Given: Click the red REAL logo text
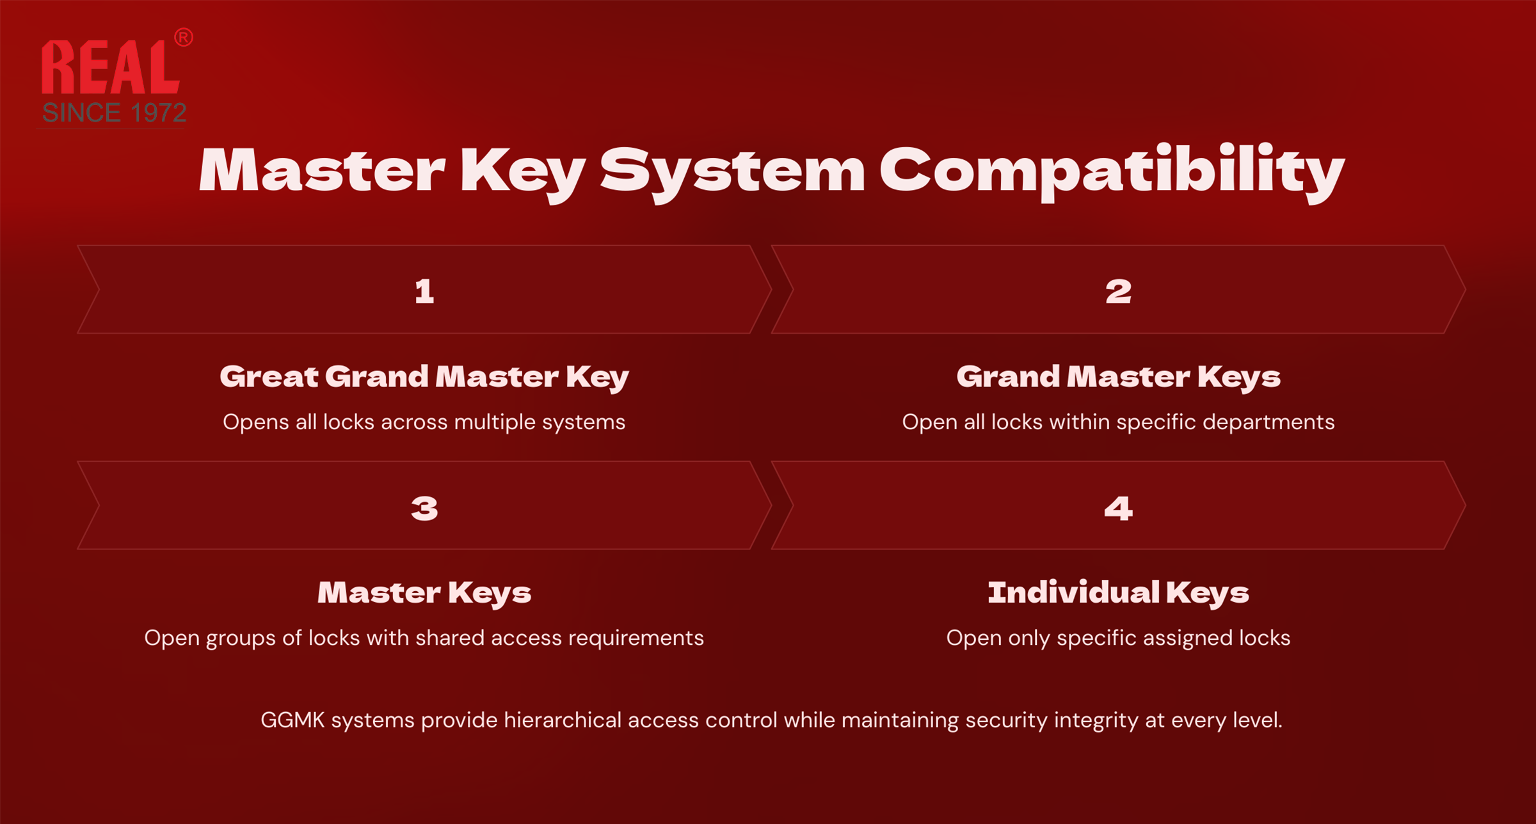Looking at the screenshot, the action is coord(110,68).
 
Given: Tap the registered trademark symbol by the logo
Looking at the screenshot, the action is coord(184,37).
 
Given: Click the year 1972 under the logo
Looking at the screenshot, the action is coord(158,113).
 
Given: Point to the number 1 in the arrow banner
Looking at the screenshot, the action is coord(424,292).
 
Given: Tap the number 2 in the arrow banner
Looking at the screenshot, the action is coord(1118,292).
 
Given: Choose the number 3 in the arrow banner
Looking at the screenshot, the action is coord(424,509).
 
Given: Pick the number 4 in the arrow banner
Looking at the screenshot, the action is coord(1118,509).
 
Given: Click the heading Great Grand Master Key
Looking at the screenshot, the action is coord(424,377).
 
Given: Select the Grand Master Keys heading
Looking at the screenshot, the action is coord(1118,377).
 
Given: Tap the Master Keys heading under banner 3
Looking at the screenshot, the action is coord(424,592).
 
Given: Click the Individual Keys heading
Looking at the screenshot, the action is coord(1118,592).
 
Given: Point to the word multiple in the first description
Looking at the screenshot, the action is coord(494,422).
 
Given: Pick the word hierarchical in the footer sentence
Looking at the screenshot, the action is coord(563,720).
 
